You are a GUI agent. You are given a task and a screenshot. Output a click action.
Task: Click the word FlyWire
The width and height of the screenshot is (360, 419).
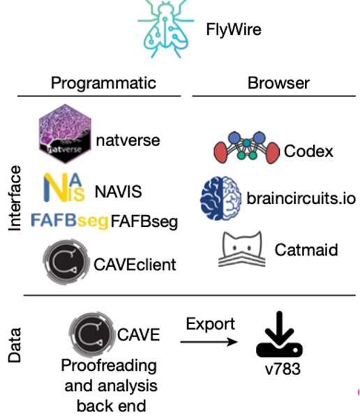(x=234, y=29)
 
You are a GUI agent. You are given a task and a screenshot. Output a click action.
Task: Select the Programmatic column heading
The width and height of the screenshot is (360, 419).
(x=103, y=83)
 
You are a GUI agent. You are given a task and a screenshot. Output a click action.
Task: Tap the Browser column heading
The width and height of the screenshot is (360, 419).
(x=278, y=83)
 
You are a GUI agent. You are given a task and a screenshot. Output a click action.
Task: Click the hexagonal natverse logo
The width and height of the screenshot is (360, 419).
(x=65, y=133)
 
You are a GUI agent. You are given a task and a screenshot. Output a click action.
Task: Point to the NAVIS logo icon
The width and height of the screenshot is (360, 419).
(x=64, y=187)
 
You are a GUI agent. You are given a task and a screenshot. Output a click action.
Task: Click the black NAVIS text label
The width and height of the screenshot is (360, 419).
(x=118, y=191)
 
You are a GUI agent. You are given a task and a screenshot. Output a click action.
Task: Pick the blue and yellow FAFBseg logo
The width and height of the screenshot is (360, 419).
(x=70, y=221)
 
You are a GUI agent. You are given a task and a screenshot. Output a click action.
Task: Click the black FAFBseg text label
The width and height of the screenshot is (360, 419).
(x=144, y=222)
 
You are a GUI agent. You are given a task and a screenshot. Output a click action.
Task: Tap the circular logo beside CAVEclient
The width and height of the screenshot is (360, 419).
(x=66, y=262)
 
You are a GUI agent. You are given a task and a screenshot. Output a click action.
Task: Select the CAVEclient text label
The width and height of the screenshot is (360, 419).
(x=135, y=265)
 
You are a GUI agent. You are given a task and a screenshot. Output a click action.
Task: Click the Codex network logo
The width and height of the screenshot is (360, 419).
(x=246, y=147)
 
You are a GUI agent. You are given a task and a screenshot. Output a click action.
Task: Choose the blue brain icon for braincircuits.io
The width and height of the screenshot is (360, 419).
(x=220, y=198)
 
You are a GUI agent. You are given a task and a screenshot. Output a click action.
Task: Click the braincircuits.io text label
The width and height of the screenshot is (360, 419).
(x=301, y=198)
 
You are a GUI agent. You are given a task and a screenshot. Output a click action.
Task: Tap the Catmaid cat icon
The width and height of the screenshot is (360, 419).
(x=242, y=249)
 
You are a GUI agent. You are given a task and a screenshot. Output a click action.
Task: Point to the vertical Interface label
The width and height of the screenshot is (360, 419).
(x=15, y=198)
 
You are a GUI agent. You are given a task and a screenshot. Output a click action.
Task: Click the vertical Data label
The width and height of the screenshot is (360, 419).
(x=15, y=345)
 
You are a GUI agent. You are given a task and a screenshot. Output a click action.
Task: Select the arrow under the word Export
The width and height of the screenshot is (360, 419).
(x=209, y=341)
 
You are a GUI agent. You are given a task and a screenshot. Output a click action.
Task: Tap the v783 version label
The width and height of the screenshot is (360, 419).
(x=283, y=369)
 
